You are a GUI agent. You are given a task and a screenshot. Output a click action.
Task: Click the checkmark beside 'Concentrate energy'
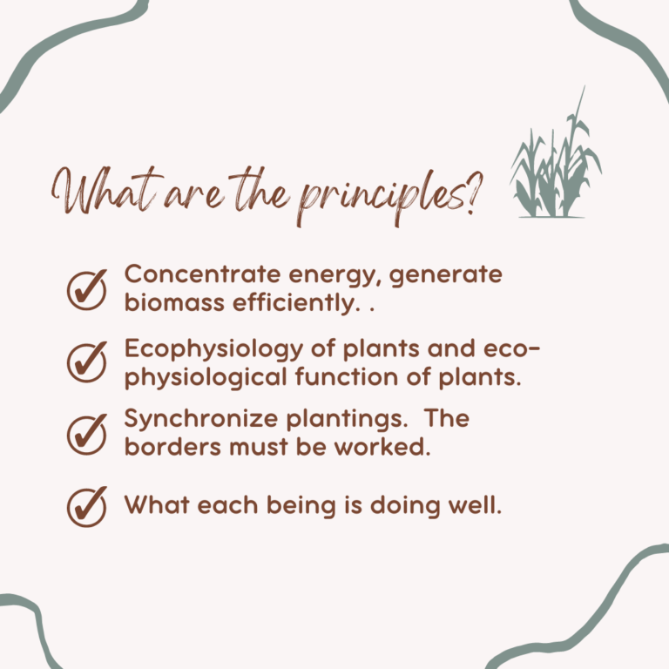[86, 290]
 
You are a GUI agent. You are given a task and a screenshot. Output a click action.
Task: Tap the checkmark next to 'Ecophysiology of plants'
[86, 362]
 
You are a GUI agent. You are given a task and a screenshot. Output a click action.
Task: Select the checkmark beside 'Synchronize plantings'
[86, 435]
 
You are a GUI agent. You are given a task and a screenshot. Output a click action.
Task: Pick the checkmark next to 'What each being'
[86, 506]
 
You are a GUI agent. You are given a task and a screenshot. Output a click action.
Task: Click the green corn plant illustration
[556, 153]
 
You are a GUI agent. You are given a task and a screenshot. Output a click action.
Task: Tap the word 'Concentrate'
[203, 274]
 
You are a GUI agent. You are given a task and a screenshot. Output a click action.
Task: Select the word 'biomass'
[174, 302]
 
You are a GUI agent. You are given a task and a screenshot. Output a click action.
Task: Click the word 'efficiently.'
[294, 304]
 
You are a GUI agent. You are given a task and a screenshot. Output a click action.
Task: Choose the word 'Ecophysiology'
[213, 349]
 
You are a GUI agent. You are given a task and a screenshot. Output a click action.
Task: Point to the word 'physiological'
[206, 378]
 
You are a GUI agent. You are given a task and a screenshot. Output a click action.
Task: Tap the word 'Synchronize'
[201, 419]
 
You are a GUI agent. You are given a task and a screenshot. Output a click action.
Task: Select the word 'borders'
[172, 447]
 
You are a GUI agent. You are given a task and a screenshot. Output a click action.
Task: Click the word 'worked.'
[382, 447]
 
